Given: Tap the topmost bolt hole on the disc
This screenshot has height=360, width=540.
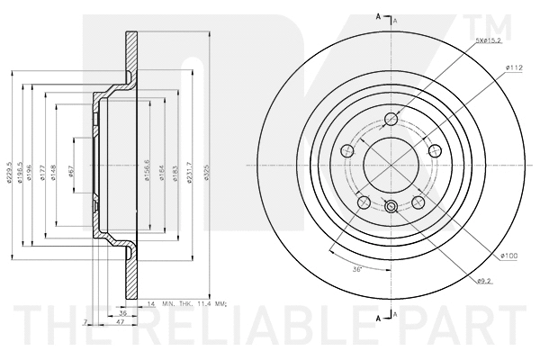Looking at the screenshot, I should [x=391, y=120].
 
